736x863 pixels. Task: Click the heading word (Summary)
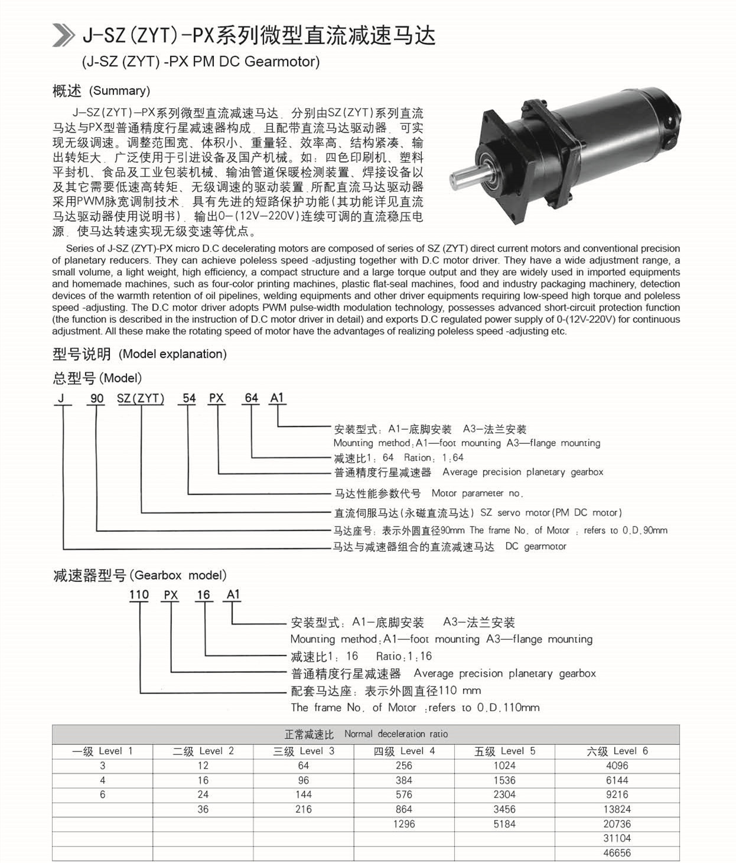(x=119, y=91)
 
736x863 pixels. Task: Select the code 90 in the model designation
(x=96, y=398)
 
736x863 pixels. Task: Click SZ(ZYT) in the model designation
(x=141, y=398)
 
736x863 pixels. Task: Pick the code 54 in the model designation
(x=189, y=398)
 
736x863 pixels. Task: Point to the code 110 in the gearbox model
(x=139, y=594)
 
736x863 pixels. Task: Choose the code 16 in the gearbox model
(x=203, y=594)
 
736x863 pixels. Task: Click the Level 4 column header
(x=404, y=751)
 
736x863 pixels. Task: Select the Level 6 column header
(x=617, y=751)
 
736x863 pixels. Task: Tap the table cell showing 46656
(x=617, y=853)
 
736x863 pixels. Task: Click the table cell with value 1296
(x=404, y=824)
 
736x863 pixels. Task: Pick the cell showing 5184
(x=504, y=824)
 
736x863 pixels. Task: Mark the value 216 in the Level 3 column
(x=304, y=809)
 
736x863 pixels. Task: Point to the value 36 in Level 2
(x=203, y=809)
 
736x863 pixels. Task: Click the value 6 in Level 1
(x=103, y=795)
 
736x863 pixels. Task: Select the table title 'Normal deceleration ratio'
(x=396, y=734)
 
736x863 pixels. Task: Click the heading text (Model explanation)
(x=172, y=354)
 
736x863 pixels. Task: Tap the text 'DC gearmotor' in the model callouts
(x=536, y=547)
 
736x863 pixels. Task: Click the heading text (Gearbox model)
(x=178, y=576)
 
